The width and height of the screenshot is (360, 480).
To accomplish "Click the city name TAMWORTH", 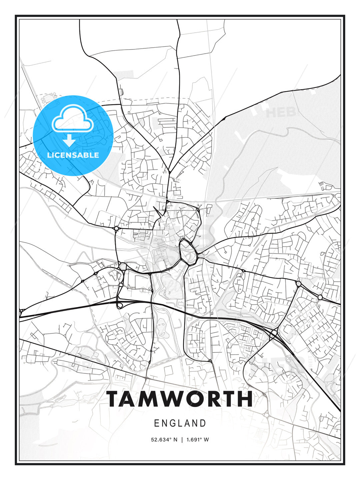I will (180, 399).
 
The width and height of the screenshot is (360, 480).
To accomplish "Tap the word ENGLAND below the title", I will (180, 423).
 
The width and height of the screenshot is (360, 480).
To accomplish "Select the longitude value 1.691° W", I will (198, 439).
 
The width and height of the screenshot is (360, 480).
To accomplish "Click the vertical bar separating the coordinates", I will (182, 439).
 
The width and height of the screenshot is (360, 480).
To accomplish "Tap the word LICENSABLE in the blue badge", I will (73, 155).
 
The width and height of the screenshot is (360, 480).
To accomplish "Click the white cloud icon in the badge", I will (72, 118).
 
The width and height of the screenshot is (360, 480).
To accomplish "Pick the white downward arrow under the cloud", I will (69, 140).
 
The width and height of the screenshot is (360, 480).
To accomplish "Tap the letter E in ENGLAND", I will (156, 423).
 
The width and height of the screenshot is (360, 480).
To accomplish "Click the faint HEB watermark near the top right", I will (281, 113).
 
